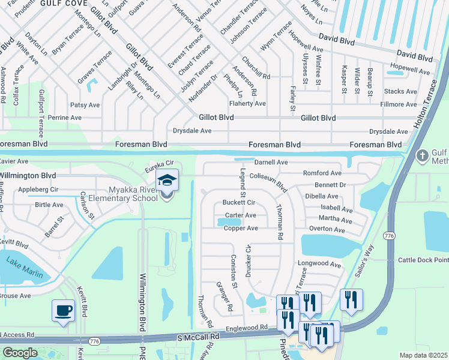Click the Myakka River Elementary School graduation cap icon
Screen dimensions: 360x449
pyautogui.click(x=166, y=181)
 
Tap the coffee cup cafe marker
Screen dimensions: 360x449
pyautogui.click(x=64, y=311)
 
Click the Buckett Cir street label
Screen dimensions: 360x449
pyautogui.click(x=239, y=203)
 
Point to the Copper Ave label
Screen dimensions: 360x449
pyautogui.click(x=241, y=229)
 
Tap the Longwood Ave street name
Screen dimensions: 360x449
pyautogui.click(x=319, y=265)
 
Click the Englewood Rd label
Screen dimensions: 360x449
pyautogui.click(x=248, y=328)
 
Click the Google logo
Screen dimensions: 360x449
pyautogui.click(x=19, y=353)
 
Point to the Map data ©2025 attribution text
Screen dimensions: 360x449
pyautogui.click(x=423, y=355)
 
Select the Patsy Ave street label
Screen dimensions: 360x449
pyautogui.click(x=85, y=104)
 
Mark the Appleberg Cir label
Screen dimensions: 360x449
pyautogui.click(x=38, y=188)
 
